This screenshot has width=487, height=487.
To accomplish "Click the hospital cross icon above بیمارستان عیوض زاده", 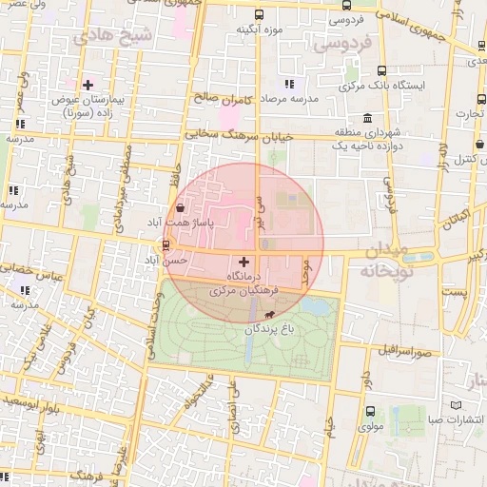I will coord(88,86).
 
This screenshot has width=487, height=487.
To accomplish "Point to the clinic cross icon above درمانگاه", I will coord(244,262).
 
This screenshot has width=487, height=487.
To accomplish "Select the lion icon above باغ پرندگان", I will coord(270,315).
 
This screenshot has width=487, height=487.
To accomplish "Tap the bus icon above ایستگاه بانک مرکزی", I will coord(381,70).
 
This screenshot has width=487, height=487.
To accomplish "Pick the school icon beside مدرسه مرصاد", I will coord(289,85).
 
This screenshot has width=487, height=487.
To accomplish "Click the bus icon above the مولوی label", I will coord(370,412).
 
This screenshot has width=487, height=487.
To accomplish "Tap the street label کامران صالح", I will coord(220,98).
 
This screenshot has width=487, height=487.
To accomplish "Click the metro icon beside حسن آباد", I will coord(167,244).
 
